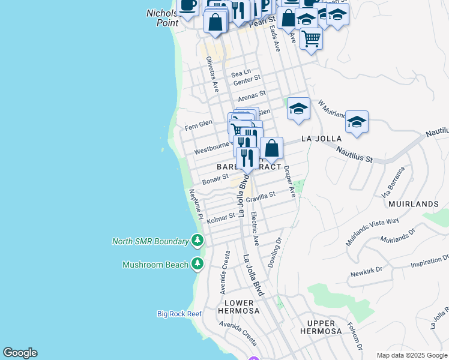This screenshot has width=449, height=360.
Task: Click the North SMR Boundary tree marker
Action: [197, 241]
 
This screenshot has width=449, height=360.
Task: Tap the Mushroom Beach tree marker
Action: [197, 264]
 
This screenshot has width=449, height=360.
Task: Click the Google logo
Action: [20, 353]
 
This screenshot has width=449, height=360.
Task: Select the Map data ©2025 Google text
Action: [412, 355]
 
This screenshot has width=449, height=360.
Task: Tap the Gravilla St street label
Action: [260, 196]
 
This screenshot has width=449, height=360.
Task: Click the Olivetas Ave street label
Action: [211, 74]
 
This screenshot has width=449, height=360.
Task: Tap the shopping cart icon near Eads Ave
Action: [311, 38]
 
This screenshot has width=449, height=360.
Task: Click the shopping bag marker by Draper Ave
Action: [271, 148]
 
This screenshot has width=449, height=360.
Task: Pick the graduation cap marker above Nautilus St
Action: [357, 122]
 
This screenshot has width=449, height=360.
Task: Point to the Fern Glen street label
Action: [199, 125]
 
